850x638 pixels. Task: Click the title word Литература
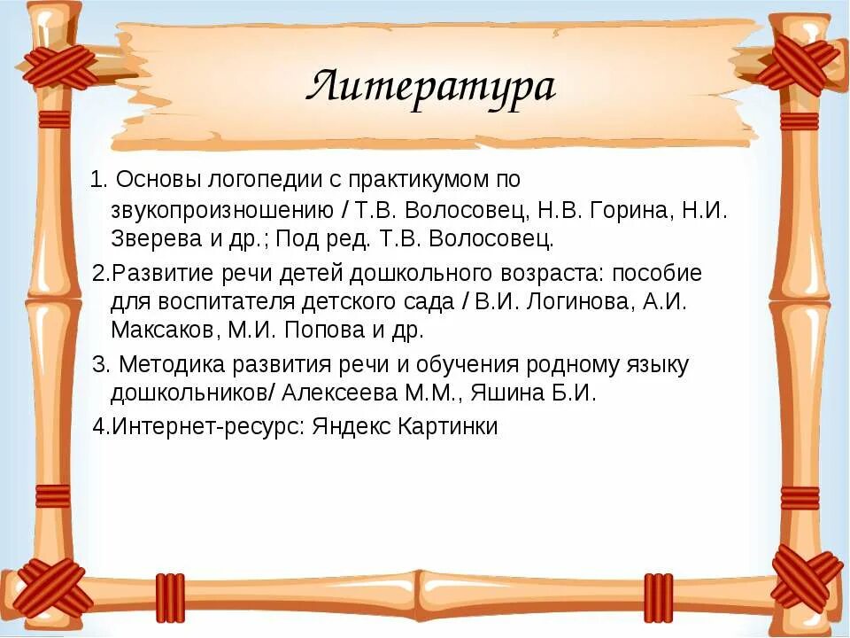(x=430, y=87)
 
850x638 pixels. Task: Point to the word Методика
(x=168, y=364)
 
